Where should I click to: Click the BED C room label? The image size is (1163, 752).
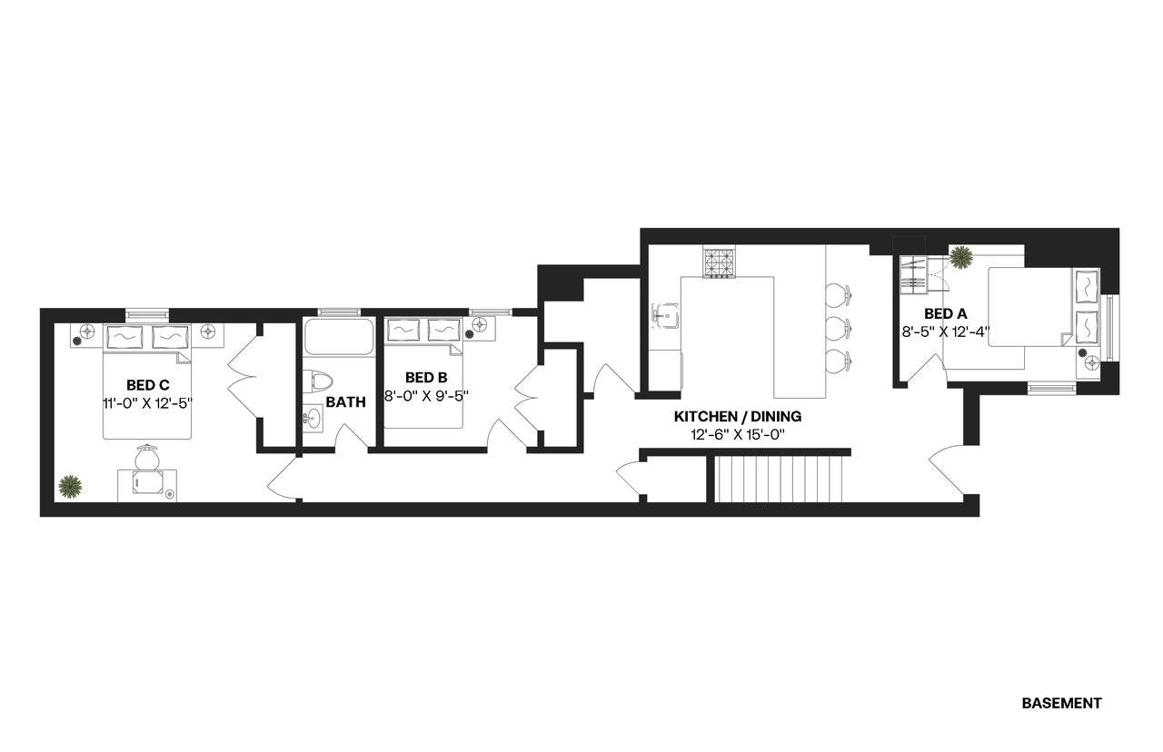coord(147,384)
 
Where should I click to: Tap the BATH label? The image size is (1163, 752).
coord(345,401)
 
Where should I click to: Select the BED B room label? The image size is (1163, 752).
coord(425,378)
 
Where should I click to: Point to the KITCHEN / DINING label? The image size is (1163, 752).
coord(737,417)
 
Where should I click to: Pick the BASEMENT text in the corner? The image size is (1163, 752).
coord(1061,703)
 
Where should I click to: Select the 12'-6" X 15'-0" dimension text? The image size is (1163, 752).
coord(737,435)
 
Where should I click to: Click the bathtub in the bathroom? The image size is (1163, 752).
coord(338,337)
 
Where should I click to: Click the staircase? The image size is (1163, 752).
coord(779,479)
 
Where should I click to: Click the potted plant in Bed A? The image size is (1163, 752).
coord(960,258)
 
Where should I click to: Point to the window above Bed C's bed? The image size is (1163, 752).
coord(147,314)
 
